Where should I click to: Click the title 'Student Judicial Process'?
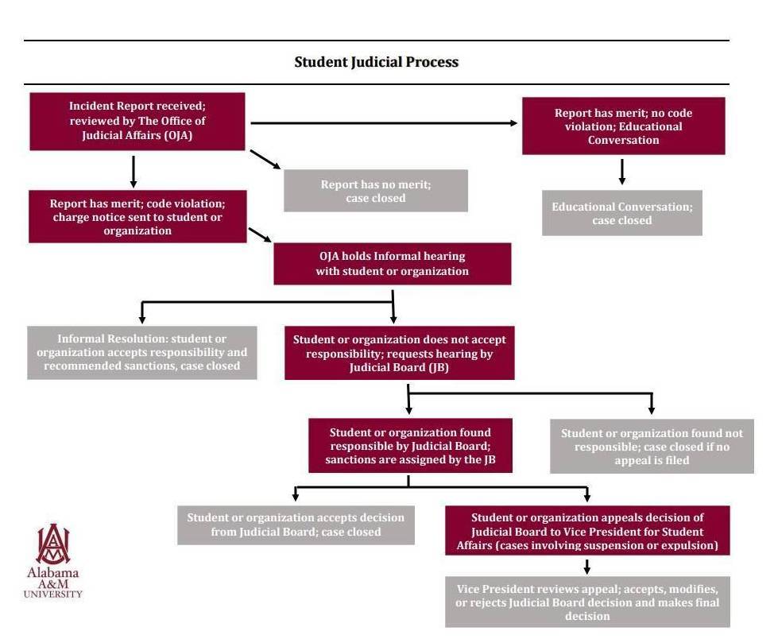[x=376, y=62]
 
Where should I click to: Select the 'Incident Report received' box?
[x=137, y=122]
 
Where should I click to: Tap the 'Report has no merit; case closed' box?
[x=376, y=191]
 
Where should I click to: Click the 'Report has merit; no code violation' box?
[x=624, y=126]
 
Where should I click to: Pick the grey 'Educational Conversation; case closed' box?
[x=622, y=213]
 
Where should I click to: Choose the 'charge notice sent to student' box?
[x=137, y=216]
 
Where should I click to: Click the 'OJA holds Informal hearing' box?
[x=393, y=264]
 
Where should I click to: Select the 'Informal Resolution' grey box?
[x=142, y=353]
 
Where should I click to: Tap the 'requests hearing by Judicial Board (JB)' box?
[x=400, y=353]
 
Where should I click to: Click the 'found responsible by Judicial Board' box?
[x=410, y=445]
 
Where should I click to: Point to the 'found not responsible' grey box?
[x=652, y=447]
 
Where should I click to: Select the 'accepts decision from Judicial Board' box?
[x=296, y=525]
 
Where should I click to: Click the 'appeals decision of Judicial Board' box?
[x=587, y=530]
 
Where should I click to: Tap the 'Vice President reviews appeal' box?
[x=587, y=602]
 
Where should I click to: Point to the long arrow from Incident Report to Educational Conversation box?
[x=384, y=123]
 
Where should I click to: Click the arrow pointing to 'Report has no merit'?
[x=265, y=160]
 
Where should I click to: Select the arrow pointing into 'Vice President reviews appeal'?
[x=587, y=567]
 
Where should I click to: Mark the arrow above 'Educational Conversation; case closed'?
[x=622, y=172]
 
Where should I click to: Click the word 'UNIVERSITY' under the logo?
[x=52, y=594]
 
